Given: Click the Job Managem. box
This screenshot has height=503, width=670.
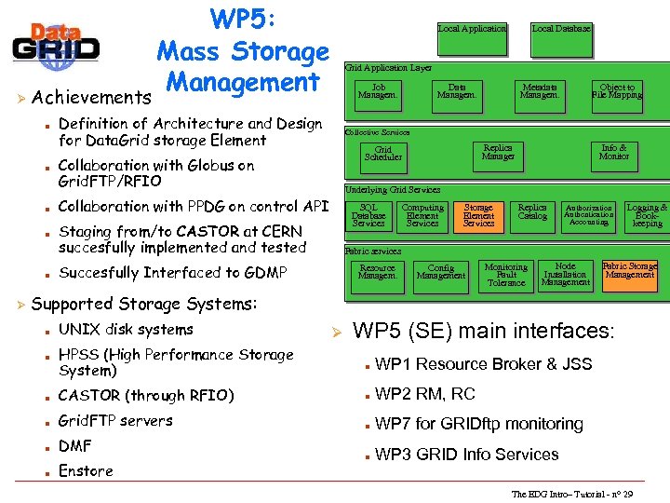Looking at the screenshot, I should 378,91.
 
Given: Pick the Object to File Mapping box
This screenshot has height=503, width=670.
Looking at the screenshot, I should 617,91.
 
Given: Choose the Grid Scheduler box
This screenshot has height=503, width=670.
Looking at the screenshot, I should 383,154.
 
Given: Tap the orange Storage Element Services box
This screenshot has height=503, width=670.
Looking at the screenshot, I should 478,216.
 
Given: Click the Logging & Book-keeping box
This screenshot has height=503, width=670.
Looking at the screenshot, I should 647,215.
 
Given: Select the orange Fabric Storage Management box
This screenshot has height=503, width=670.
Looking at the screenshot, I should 630,270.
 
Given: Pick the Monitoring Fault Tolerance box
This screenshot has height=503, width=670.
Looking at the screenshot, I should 506,275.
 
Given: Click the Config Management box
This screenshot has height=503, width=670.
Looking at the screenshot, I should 441,272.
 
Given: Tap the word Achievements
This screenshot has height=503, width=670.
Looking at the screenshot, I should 91,97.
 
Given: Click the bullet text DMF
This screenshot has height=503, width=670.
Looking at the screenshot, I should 75,446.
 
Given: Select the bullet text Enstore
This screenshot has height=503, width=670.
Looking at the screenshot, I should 86,471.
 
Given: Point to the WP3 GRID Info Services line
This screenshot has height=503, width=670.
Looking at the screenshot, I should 466,455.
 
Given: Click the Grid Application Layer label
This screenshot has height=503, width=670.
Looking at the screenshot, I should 388,68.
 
